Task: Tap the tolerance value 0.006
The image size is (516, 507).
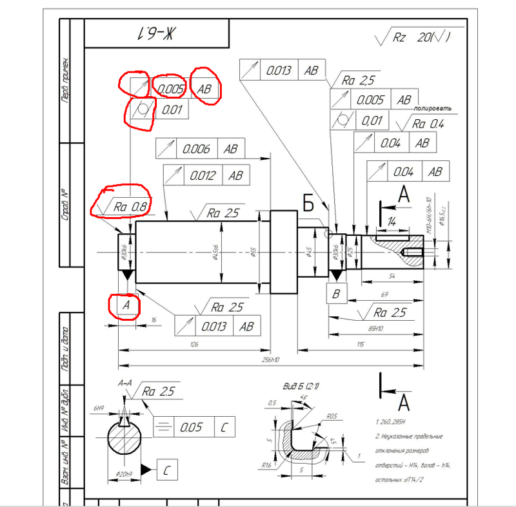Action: coord(196,149)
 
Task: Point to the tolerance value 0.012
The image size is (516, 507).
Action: coord(203,175)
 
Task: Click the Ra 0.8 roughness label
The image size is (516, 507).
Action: coord(130,207)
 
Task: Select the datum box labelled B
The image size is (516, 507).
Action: coord(335,293)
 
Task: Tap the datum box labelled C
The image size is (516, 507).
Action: coord(166,471)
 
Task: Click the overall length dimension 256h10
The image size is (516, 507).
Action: coord(271,359)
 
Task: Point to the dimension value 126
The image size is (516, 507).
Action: coord(194,345)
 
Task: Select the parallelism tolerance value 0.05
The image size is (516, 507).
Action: coord(192,426)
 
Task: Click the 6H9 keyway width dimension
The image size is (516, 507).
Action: coord(99,408)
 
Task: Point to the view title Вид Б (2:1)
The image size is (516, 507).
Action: coord(299,385)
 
